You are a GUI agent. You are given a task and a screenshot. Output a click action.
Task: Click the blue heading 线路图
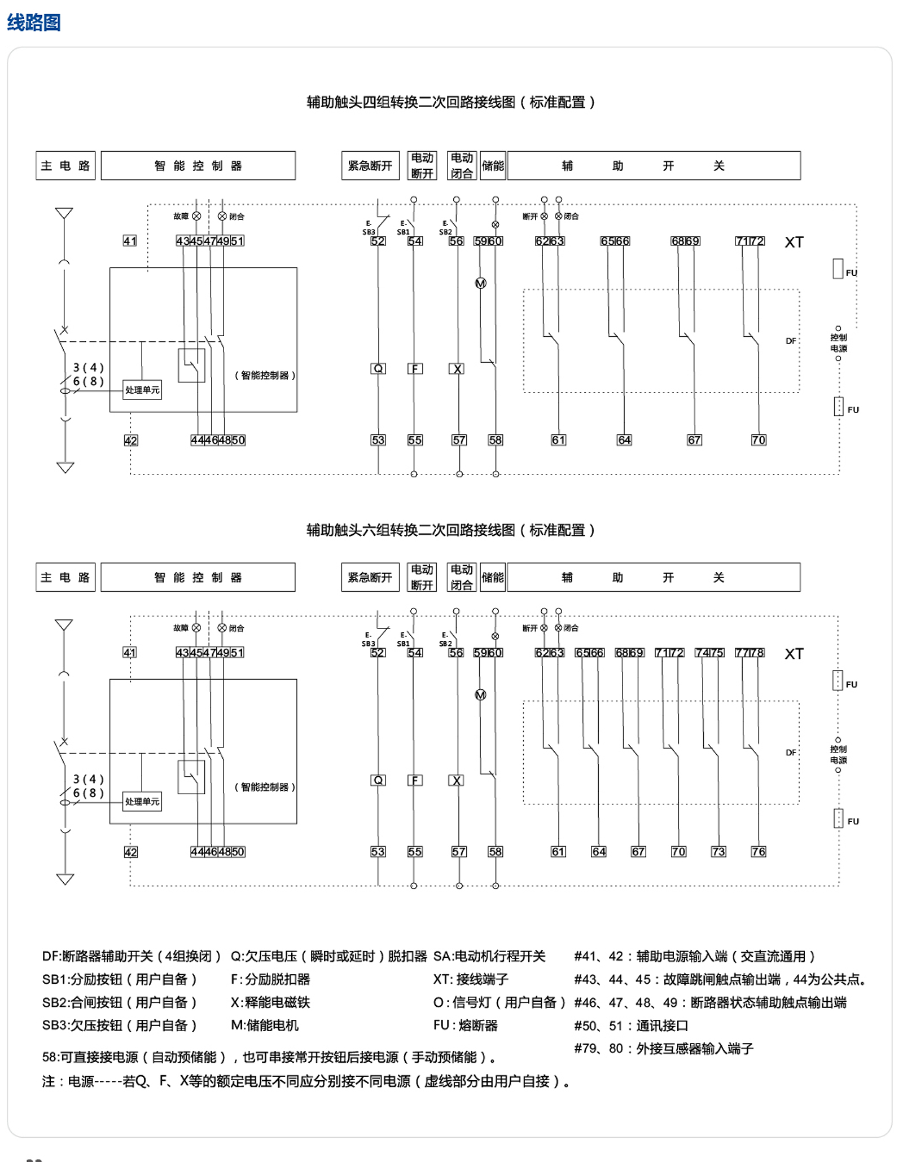[x=33, y=23]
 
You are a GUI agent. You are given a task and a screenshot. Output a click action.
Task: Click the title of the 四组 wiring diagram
[x=450, y=102]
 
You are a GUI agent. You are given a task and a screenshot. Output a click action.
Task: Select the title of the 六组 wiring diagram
[x=450, y=530]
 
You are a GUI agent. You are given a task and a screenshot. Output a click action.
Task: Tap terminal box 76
[x=758, y=851]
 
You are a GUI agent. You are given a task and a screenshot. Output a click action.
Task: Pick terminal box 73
[x=718, y=851]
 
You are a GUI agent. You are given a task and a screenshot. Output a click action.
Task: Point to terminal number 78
[x=757, y=653]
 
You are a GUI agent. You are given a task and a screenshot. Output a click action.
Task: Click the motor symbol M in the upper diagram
[x=480, y=283]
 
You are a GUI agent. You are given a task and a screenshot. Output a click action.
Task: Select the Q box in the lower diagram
[x=378, y=780]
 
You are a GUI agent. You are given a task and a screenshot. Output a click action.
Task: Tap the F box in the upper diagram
[x=415, y=368]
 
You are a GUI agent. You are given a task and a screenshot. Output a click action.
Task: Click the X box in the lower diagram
[x=457, y=780]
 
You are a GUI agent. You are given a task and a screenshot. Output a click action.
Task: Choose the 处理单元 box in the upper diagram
[x=142, y=390]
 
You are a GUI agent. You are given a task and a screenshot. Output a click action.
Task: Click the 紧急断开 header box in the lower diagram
[x=370, y=577]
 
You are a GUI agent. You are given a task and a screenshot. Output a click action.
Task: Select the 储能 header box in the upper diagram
[x=493, y=166]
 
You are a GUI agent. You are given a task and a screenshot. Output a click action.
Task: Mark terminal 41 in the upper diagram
[x=130, y=241]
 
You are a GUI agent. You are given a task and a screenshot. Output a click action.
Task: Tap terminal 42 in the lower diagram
[x=130, y=852]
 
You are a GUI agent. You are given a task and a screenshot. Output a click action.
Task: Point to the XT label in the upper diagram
[x=794, y=243]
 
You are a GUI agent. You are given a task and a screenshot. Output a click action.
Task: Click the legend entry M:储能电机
[x=265, y=1025]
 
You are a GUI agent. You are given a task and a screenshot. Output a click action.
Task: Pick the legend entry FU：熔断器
[x=465, y=1025]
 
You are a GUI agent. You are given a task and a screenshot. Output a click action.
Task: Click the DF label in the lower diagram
[x=791, y=752]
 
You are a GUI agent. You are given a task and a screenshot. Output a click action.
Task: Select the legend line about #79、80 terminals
[x=664, y=1048]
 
